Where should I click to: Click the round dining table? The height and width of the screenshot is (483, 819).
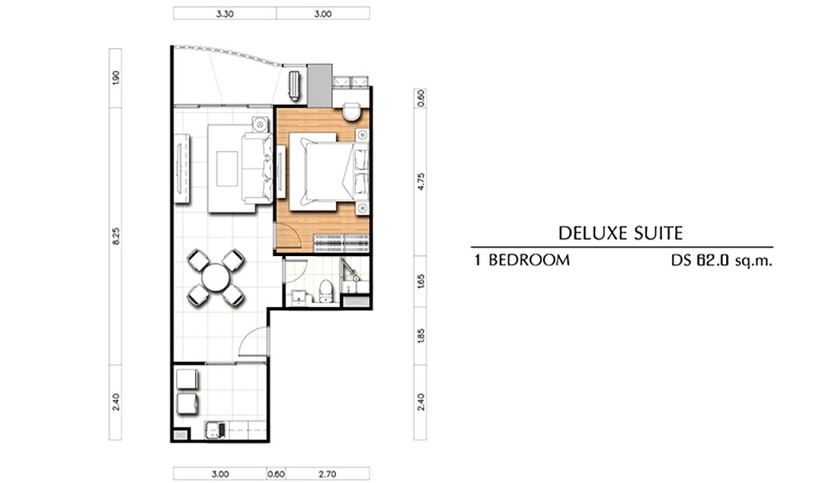215,277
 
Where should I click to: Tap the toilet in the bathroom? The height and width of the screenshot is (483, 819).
326,291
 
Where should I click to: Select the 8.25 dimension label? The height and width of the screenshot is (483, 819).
116,235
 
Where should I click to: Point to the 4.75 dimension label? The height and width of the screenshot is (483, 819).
421,182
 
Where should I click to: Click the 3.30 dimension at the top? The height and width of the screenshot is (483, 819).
225,14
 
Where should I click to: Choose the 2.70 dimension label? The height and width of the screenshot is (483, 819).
327,474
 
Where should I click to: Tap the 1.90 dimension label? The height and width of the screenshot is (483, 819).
116,78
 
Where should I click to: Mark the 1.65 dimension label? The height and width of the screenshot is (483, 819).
421,281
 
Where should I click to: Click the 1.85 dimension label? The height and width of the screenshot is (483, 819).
421,335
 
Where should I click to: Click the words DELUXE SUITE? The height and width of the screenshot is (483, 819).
621,233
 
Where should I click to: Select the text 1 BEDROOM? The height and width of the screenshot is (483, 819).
521,260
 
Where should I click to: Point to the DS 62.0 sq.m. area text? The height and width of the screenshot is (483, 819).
721,260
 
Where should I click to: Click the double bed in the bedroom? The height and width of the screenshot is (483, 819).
329,172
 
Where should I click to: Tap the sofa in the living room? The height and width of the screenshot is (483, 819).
257,168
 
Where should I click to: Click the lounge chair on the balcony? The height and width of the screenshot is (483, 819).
294,85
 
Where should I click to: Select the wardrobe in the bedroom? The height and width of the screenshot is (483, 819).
341,244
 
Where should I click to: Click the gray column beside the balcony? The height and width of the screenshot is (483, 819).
319,86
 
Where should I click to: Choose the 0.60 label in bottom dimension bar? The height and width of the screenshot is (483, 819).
276,474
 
